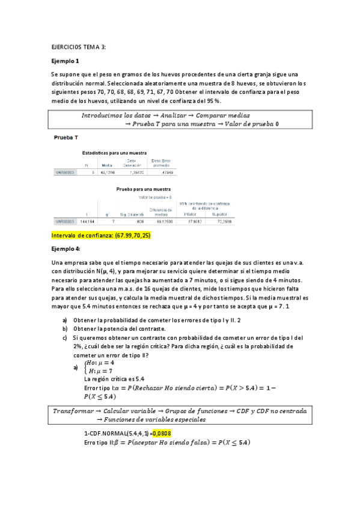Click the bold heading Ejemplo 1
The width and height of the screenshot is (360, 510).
click(x=66, y=61)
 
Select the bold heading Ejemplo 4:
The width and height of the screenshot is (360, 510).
click(x=67, y=248)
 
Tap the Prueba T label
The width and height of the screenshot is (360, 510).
click(x=66, y=138)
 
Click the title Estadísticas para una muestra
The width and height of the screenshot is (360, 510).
click(x=114, y=153)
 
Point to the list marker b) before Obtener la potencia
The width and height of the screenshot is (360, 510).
click(x=65, y=328)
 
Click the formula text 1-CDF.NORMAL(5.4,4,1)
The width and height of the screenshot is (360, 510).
click(x=117, y=433)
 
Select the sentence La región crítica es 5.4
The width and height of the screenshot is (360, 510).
click(x=114, y=379)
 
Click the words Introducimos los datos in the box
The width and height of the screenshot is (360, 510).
click(x=120, y=115)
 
